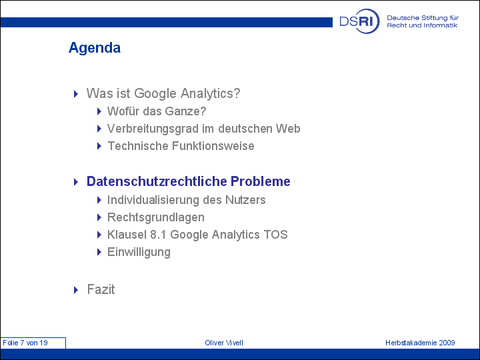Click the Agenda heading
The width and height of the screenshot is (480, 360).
pos(95,48)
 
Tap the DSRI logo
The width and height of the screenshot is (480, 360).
pos(359,21)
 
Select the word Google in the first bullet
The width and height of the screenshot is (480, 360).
pos(155,93)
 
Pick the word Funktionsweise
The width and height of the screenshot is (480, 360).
pos(213,146)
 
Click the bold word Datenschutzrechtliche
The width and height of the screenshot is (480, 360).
pos(157,181)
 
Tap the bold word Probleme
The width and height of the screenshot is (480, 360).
pos(260,181)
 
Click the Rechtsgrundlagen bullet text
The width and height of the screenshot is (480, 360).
pos(156,217)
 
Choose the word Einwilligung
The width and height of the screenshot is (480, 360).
pos(139,252)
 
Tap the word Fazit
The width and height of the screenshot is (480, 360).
pos(101,289)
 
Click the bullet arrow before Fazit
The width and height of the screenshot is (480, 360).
pos(76,290)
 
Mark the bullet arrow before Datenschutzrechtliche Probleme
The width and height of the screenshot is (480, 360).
pos(76,182)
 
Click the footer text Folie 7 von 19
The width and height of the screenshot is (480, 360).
pos(25,343)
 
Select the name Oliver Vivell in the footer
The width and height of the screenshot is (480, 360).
pos(224,343)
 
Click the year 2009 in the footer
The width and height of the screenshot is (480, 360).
pos(447,343)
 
